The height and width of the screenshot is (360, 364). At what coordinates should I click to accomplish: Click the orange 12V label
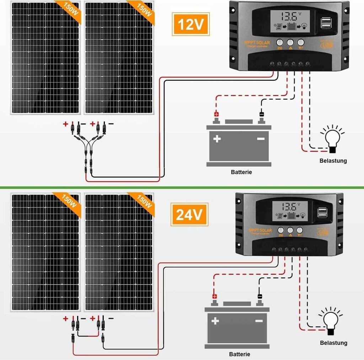coord(191,24)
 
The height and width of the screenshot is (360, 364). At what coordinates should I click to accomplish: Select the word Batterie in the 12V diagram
coord(241,172)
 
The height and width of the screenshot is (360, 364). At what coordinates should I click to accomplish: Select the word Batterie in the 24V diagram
coord(240,354)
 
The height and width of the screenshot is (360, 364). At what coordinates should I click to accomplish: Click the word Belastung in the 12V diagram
coord(333,161)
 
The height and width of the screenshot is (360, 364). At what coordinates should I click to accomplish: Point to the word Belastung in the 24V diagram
coord(333,343)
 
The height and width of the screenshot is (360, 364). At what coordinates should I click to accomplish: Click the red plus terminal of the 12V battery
coord(216,115)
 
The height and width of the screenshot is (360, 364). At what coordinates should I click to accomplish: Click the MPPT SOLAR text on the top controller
coord(257,43)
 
